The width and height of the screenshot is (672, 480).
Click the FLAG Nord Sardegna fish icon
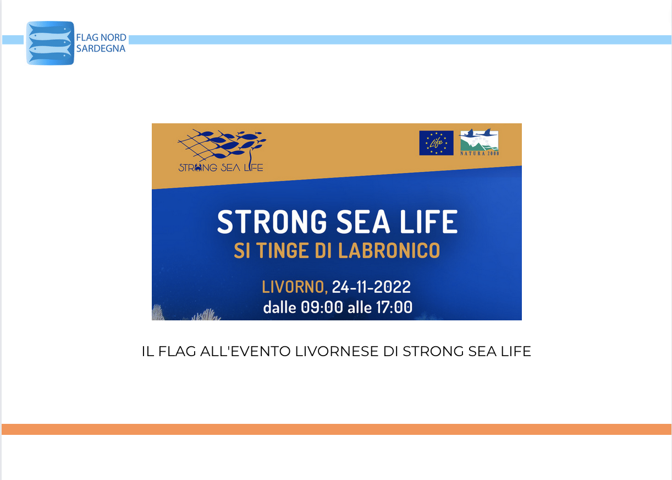[x=50, y=43]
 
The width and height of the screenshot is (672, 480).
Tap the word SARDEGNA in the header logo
[x=101, y=48]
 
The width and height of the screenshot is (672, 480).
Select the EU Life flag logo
[x=436, y=143]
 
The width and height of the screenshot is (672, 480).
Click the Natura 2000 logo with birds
[x=480, y=142]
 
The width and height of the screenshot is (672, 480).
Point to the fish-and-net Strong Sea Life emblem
[x=222, y=150]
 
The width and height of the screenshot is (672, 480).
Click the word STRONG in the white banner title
[x=272, y=222]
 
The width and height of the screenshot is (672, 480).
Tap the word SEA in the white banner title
[x=363, y=222]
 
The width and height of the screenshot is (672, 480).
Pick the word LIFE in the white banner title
[x=429, y=222]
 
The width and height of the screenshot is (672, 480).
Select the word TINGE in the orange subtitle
[x=282, y=250]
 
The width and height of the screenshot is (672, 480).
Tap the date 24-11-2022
[x=371, y=287]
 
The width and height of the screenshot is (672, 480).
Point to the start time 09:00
[x=322, y=307]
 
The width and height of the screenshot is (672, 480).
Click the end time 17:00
[x=394, y=307]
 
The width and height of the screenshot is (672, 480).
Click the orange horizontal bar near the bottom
[x=337, y=429]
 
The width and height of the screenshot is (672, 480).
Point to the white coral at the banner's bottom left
[x=186, y=313]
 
